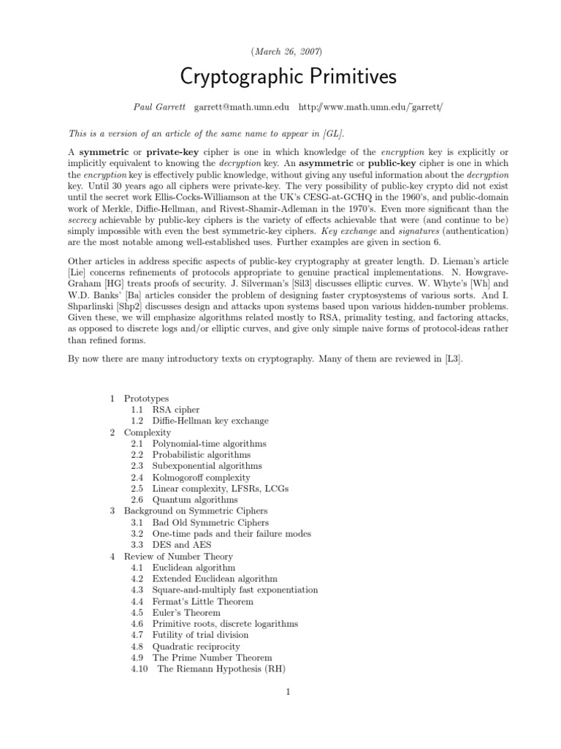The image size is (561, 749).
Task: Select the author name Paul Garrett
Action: [159, 107]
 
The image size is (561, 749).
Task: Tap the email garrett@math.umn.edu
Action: [241, 107]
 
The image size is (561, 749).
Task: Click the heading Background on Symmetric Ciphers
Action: [195, 511]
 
